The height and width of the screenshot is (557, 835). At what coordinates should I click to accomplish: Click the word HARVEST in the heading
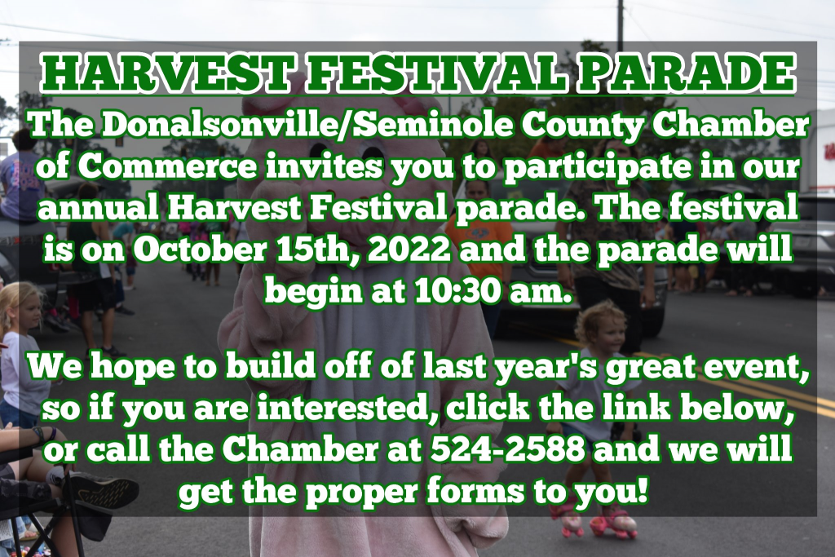(x=167, y=74)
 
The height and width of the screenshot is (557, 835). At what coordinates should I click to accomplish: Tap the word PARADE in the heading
(x=686, y=74)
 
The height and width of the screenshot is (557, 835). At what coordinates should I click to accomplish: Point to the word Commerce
(x=167, y=166)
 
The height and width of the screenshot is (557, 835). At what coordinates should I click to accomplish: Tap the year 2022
(x=409, y=250)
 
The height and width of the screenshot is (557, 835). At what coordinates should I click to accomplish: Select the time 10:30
(x=458, y=291)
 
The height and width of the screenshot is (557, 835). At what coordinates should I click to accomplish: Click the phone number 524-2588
(x=508, y=450)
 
